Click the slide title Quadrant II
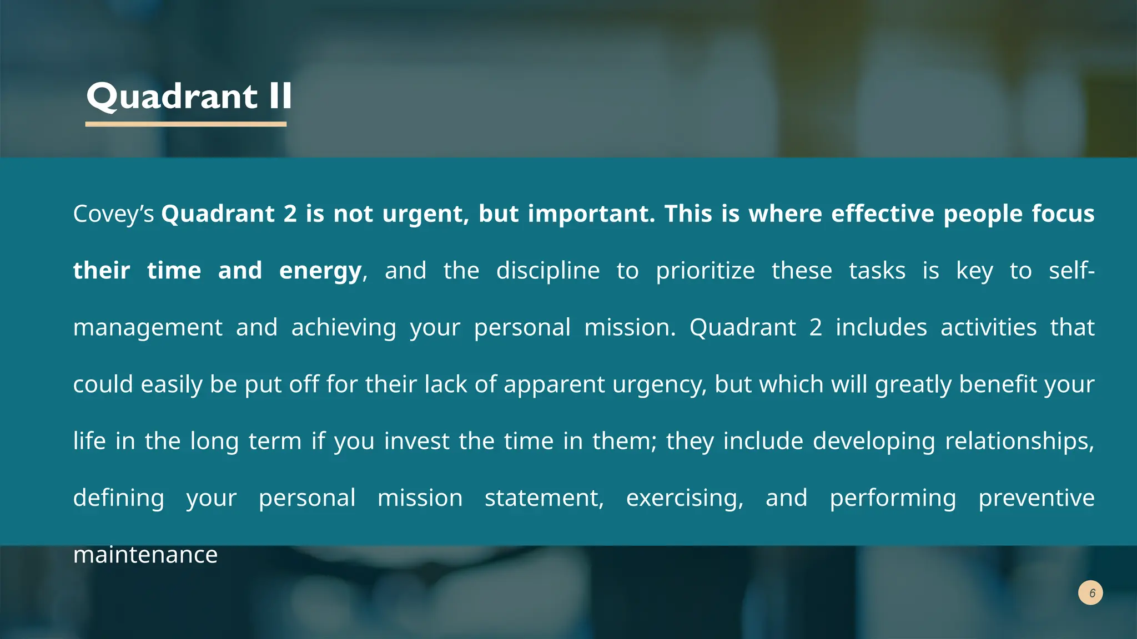[189, 97]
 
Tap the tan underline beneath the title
[186, 124]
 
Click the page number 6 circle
[1090, 593]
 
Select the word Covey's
[113, 214]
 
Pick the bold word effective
[883, 214]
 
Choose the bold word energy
[320, 271]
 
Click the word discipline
[548, 271]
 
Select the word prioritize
[705, 271]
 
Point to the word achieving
[344, 328]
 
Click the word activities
[988, 328]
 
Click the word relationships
[1019, 442]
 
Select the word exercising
[685, 498]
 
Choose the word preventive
[1036, 498]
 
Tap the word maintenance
[145, 555]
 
